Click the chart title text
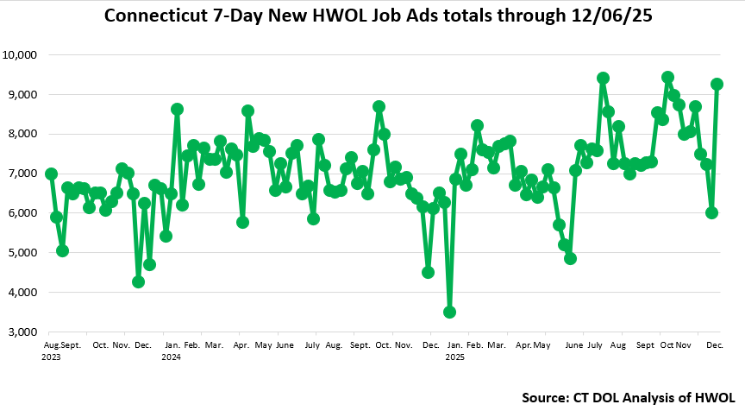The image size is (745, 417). point(372,16)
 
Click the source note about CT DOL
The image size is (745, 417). point(628,398)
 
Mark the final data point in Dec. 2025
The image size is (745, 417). point(717,84)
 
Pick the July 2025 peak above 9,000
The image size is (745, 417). point(603,78)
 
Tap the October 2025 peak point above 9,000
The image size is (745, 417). point(667,77)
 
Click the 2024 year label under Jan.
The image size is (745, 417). point(171,356)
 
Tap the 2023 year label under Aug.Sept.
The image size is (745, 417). point(51,356)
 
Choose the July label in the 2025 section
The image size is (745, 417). point(595,345)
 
